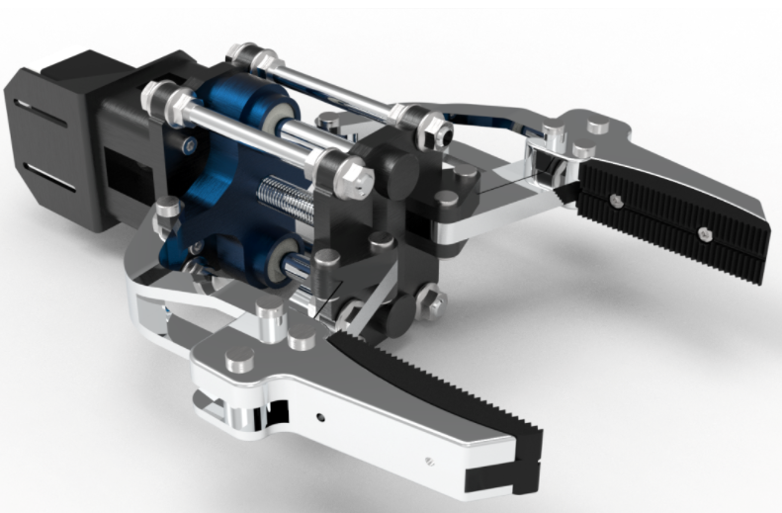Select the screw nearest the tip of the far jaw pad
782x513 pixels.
703,234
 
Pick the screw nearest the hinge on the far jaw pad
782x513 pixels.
614,200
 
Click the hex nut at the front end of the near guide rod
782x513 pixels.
359,179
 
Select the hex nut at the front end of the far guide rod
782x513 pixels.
432,126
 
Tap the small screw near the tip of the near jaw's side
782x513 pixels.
428,459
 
